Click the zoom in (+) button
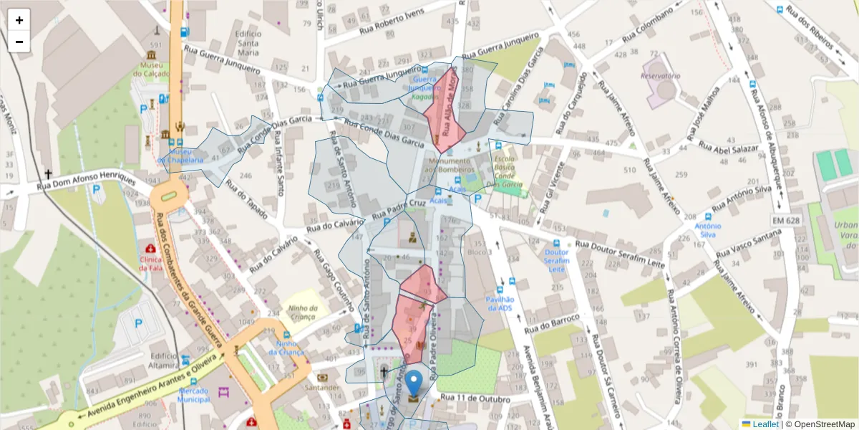click(x=19, y=20)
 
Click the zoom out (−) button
click(x=19, y=42)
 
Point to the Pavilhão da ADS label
click(x=500, y=303)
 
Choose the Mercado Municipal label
click(x=193, y=395)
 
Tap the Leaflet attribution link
click(x=765, y=424)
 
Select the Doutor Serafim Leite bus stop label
click(x=556, y=260)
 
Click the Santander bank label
click(x=321, y=388)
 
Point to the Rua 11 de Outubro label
click(x=475, y=398)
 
